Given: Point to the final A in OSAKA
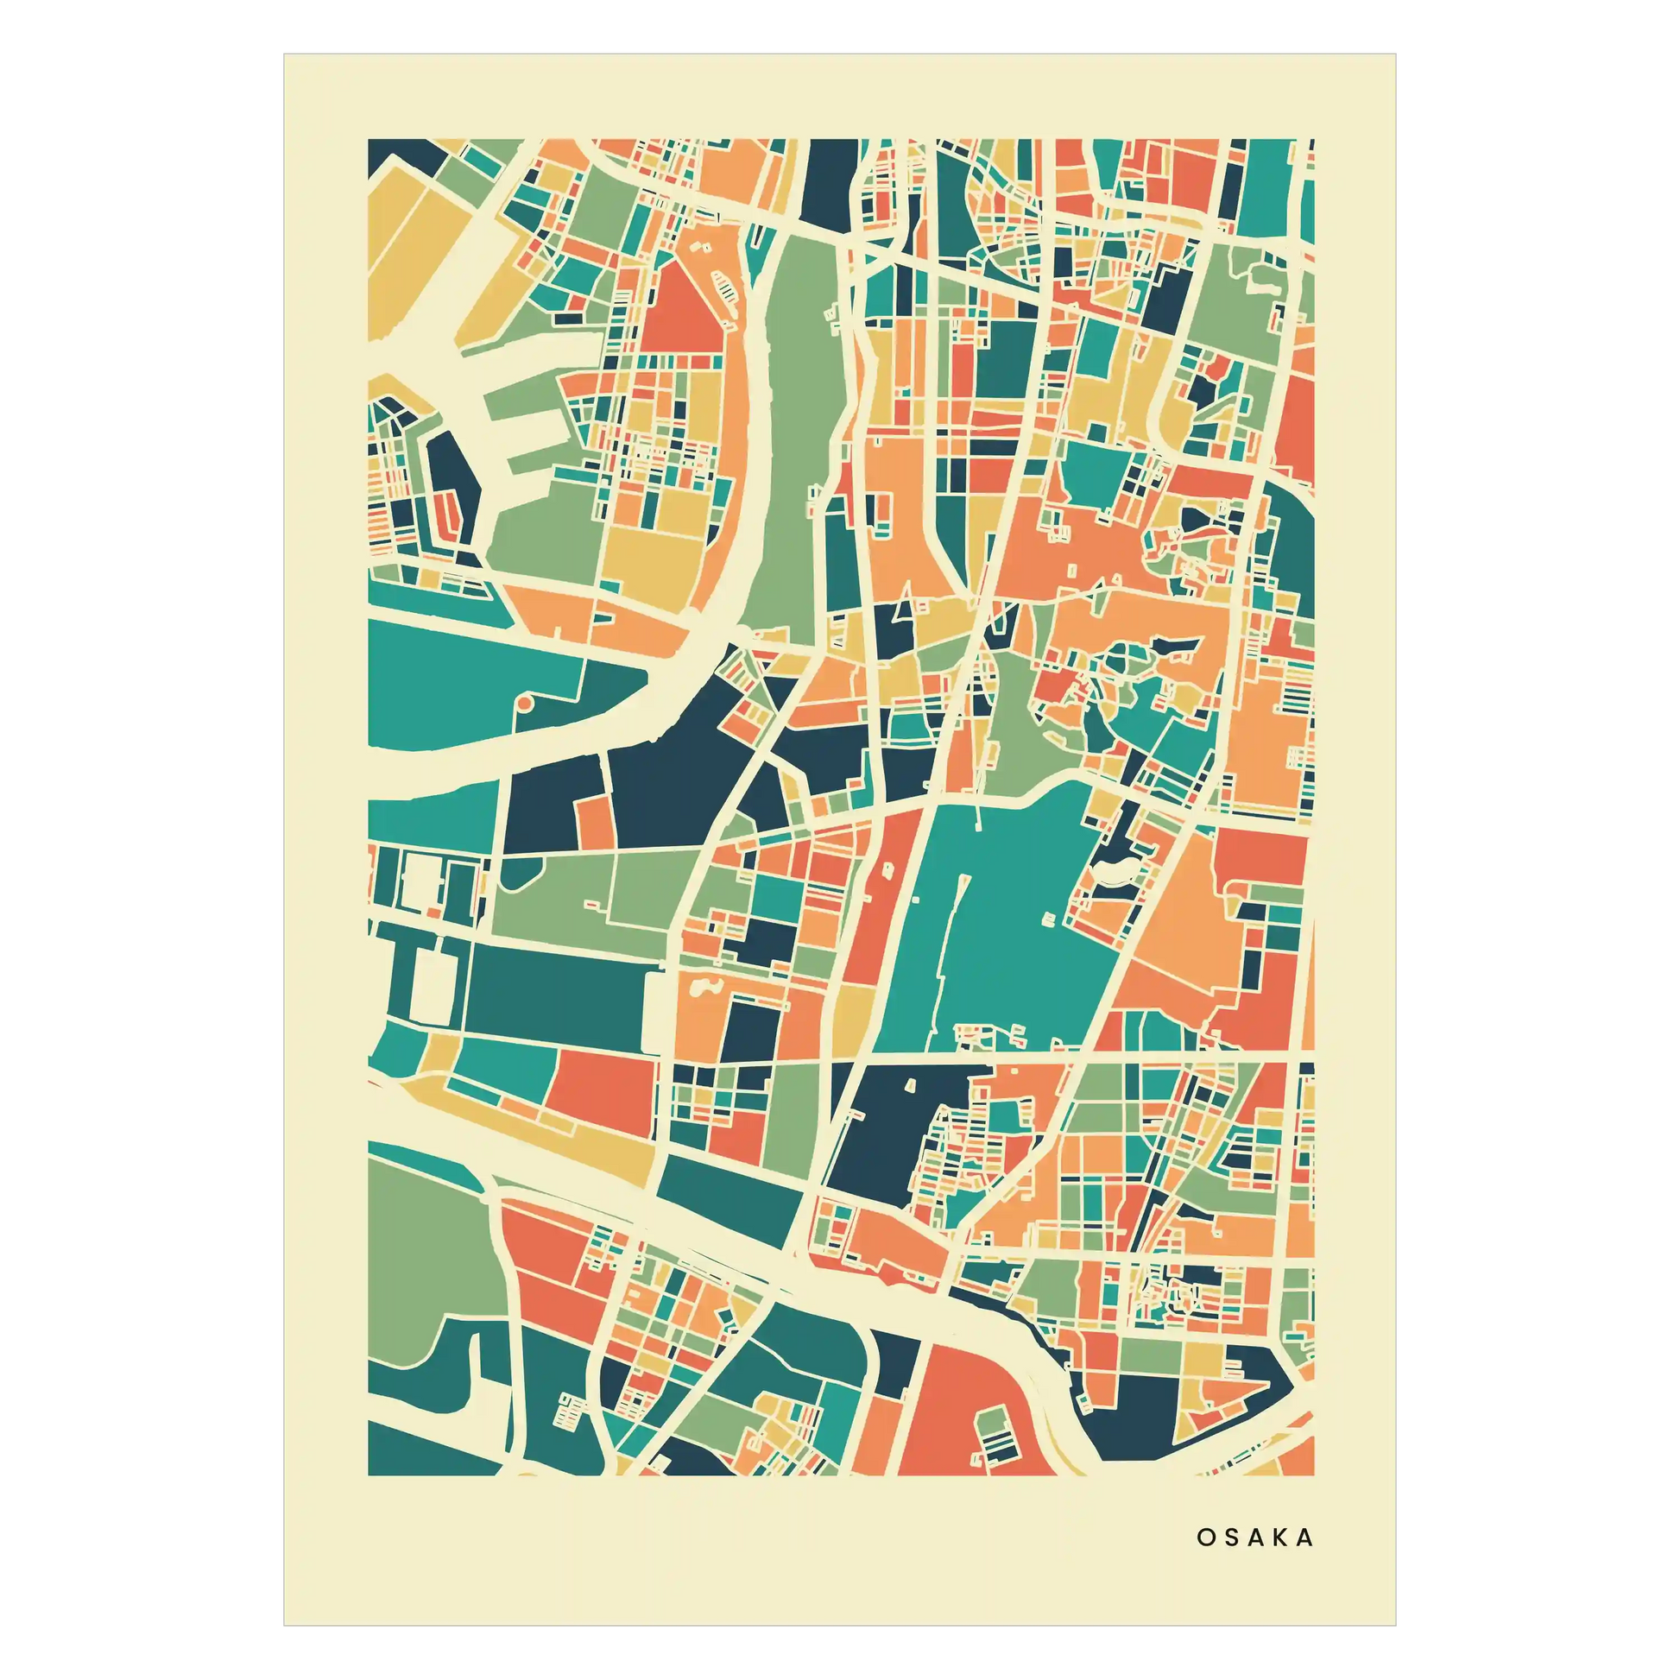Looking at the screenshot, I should coord(1305,1538).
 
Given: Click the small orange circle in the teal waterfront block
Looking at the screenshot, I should coord(524,701).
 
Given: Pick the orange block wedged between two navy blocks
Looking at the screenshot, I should coord(594,821).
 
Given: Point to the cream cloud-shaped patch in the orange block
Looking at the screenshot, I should coord(705,987).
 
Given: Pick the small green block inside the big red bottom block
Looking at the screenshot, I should coord(991,1425).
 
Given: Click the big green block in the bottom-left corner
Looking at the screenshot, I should coord(426,1252).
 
